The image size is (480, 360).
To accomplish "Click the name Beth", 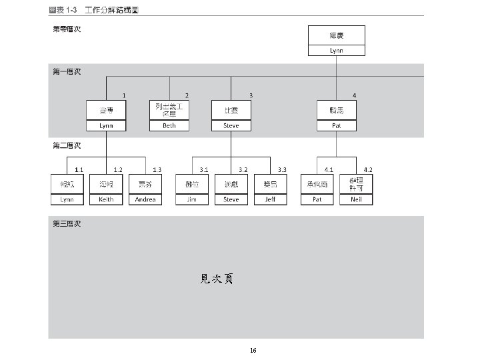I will coord(169,125).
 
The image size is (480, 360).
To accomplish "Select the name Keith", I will coord(106,199).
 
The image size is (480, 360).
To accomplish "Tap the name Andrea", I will coord(145,199).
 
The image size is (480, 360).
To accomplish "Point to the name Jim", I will coord(191,199).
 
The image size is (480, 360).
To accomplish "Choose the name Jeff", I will coord(270,199).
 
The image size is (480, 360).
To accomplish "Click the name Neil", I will coord(357,199).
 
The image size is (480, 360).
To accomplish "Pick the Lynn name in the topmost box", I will coord(337,51).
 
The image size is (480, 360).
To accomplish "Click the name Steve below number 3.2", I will coord(231,199).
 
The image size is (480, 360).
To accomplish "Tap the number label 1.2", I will coord(118,170).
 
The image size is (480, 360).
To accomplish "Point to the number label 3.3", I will coord(283,170).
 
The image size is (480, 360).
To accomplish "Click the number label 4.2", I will coord(368,170).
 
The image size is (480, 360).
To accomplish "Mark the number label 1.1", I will coord(79,170).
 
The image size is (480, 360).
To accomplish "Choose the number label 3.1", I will coord(204,170).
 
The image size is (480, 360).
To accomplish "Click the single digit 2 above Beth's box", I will coord(187,96).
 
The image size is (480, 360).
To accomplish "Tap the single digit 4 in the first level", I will coord(354,96).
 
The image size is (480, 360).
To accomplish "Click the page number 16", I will coord(253,350).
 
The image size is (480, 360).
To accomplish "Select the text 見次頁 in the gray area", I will coord(217,279).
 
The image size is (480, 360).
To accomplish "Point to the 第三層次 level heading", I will coord(67,223).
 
